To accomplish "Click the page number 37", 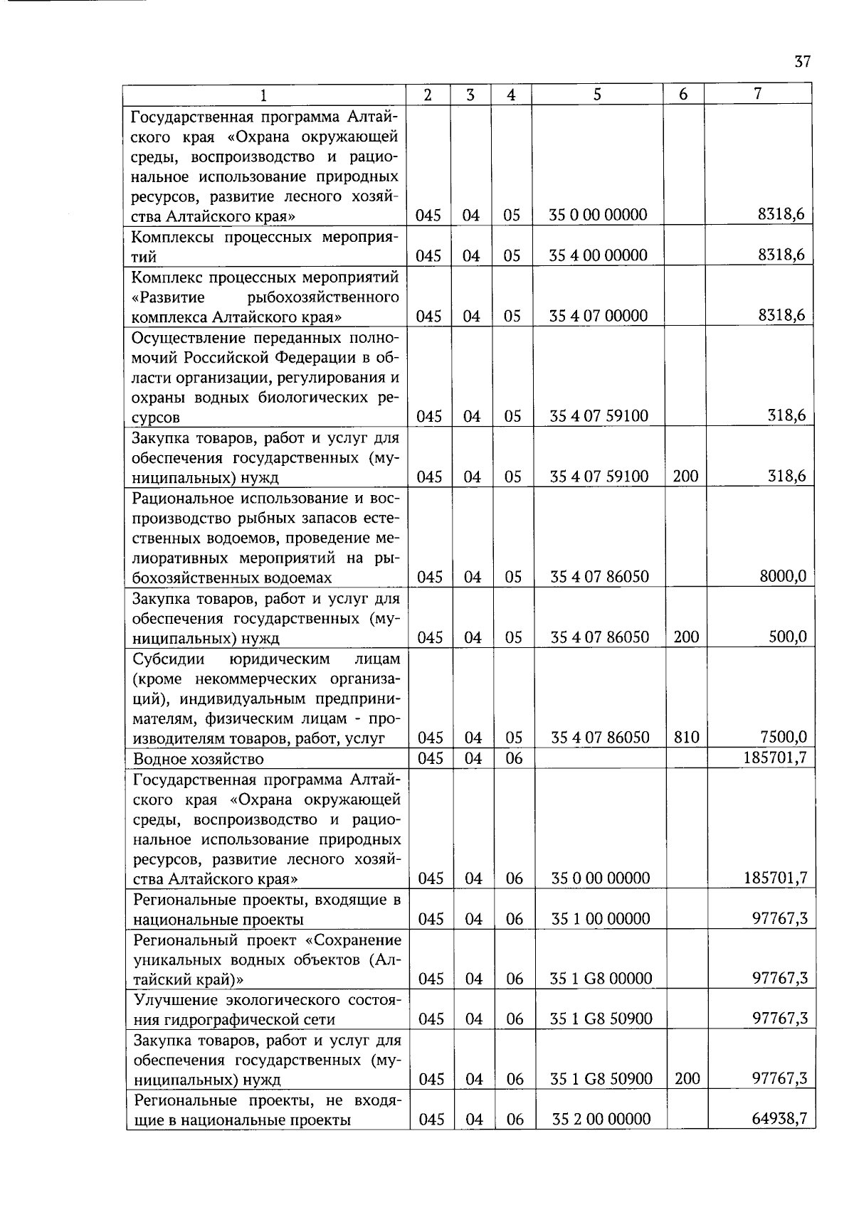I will pos(802,62).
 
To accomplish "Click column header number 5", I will pos(597,95).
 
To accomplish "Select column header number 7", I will pos(758,94).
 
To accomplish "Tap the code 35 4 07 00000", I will pos(598,316).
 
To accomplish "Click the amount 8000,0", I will pos(783,576).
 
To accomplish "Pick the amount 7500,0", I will pos(783,737).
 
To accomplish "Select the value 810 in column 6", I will pos(686,738).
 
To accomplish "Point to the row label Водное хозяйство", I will pos(199,759).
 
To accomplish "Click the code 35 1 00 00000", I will pos(601,919).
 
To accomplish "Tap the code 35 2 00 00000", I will pos(601,1120).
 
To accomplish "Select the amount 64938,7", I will pos(779,1119).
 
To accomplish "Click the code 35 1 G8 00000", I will pos(601,979).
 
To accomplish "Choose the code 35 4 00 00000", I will pos(598,255).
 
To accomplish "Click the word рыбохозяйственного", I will pos(322,297).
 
